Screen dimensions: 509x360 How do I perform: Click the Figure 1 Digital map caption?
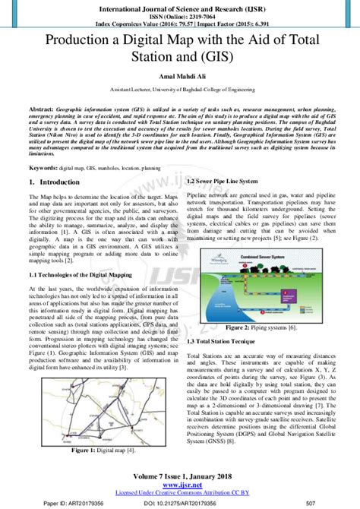click(x=93, y=451)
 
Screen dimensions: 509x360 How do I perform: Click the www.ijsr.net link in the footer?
click(x=180, y=485)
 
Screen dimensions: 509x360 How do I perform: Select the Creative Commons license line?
click(x=180, y=492)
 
